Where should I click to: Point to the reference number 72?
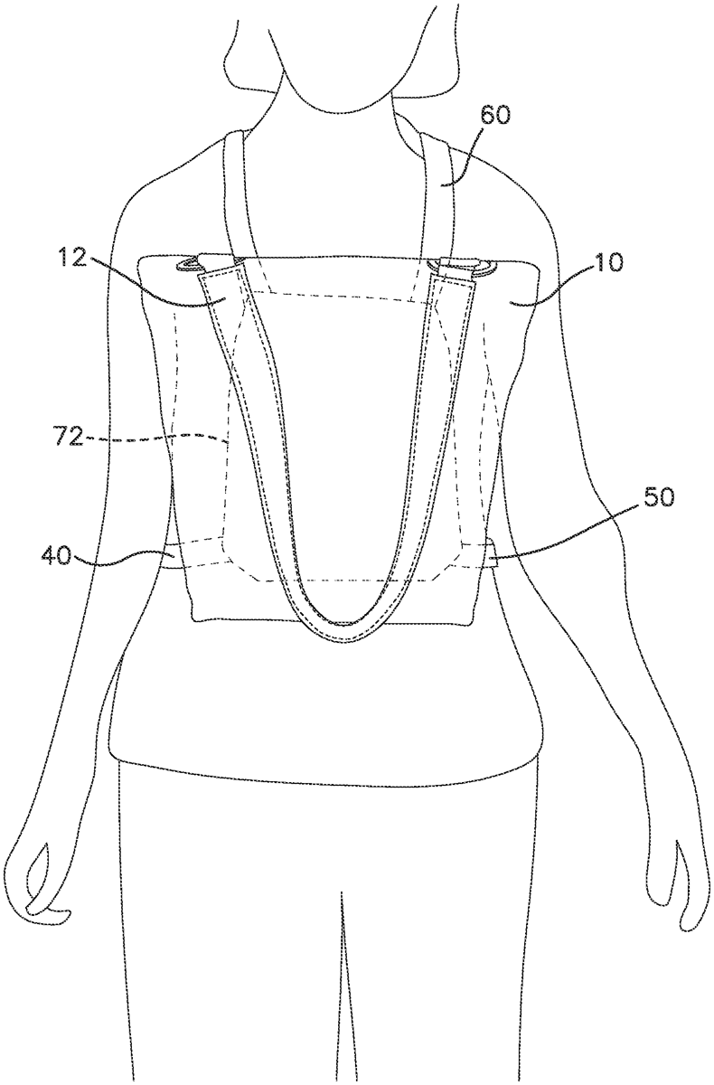click(66, 438)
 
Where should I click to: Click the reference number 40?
click(57, 556)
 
